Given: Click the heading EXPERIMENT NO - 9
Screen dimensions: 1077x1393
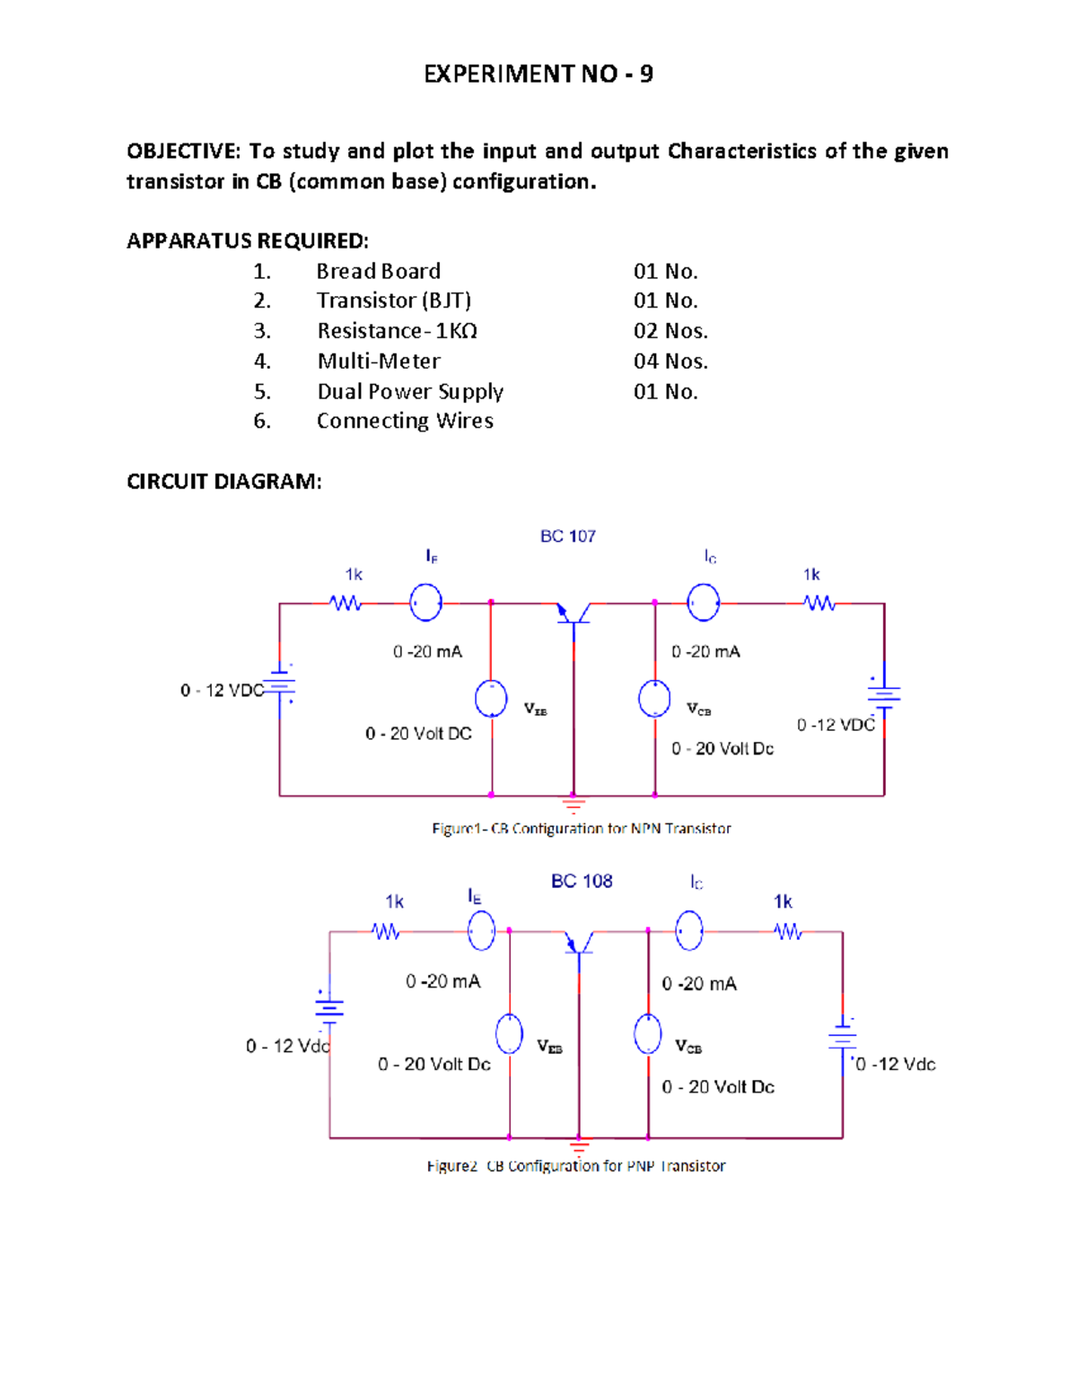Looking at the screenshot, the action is coord(538,74).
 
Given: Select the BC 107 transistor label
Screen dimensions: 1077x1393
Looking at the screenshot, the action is coord(567,536).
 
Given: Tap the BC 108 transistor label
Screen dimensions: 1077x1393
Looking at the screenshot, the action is coord(582,881).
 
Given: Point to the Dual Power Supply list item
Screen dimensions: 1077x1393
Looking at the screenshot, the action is coord(410,391).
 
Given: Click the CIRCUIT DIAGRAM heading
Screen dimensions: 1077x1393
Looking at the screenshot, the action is coord(223,482).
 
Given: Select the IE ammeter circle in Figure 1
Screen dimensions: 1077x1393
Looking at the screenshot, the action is coord(425,603).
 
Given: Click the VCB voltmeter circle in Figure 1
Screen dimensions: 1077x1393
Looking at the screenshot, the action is coord(654,699).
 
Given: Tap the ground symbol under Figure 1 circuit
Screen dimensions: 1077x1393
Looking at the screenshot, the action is coord(574,804).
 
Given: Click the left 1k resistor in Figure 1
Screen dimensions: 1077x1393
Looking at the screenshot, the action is coord(346,604).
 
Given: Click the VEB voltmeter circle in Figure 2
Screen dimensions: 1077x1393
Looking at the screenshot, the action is coord(509,1034).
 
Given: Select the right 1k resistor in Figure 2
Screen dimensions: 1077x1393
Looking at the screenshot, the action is coord(789,932).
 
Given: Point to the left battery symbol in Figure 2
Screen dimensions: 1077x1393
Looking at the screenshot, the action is coord(329,1008).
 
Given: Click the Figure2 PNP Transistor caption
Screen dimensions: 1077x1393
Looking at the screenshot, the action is coord(576,1166).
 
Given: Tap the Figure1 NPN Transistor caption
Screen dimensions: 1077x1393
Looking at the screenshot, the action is coord(582,829).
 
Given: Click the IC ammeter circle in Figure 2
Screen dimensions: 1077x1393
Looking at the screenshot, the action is coord(689,930).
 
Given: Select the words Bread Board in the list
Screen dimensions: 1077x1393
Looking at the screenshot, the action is coord(378,271).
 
